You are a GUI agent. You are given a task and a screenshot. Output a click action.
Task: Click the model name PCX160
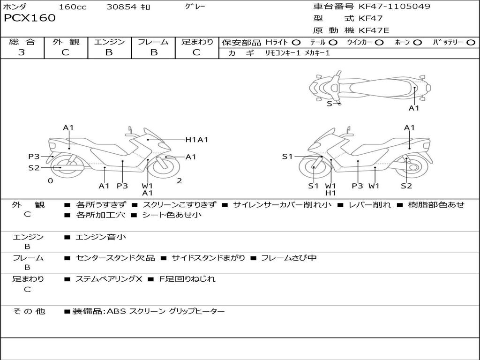[30, 18]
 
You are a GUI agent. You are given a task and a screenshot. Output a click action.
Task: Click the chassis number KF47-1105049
[394, 6]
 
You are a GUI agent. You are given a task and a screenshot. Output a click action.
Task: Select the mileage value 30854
[121, 7]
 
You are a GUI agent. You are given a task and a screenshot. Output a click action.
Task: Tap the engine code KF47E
[374, 30]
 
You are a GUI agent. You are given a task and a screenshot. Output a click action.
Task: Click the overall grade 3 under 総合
[22, 52]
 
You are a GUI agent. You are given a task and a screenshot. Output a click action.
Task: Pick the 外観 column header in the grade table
[66, 42]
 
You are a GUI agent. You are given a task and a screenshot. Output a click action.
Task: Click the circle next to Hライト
[296, 43]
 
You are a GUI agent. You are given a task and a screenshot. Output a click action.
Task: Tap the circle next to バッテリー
[471, 43]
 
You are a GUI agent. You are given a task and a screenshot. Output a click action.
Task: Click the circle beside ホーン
[418, 43]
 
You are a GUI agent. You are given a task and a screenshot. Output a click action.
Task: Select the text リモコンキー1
[283, 53]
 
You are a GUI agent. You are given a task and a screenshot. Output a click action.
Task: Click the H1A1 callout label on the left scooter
[197, 140]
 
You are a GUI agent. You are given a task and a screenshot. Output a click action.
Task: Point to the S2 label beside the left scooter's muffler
[34, 168]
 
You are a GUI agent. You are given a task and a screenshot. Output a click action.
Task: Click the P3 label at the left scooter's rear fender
[34, 157]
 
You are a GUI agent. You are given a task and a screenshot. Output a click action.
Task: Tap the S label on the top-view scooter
[330, 104]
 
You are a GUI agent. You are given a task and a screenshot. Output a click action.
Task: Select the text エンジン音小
[101, 237]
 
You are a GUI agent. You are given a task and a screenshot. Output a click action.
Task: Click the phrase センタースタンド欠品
[115, 258]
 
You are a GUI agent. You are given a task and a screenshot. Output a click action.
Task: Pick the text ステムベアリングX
[109, 279]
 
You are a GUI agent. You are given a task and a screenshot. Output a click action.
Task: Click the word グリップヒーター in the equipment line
[197, 311]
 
